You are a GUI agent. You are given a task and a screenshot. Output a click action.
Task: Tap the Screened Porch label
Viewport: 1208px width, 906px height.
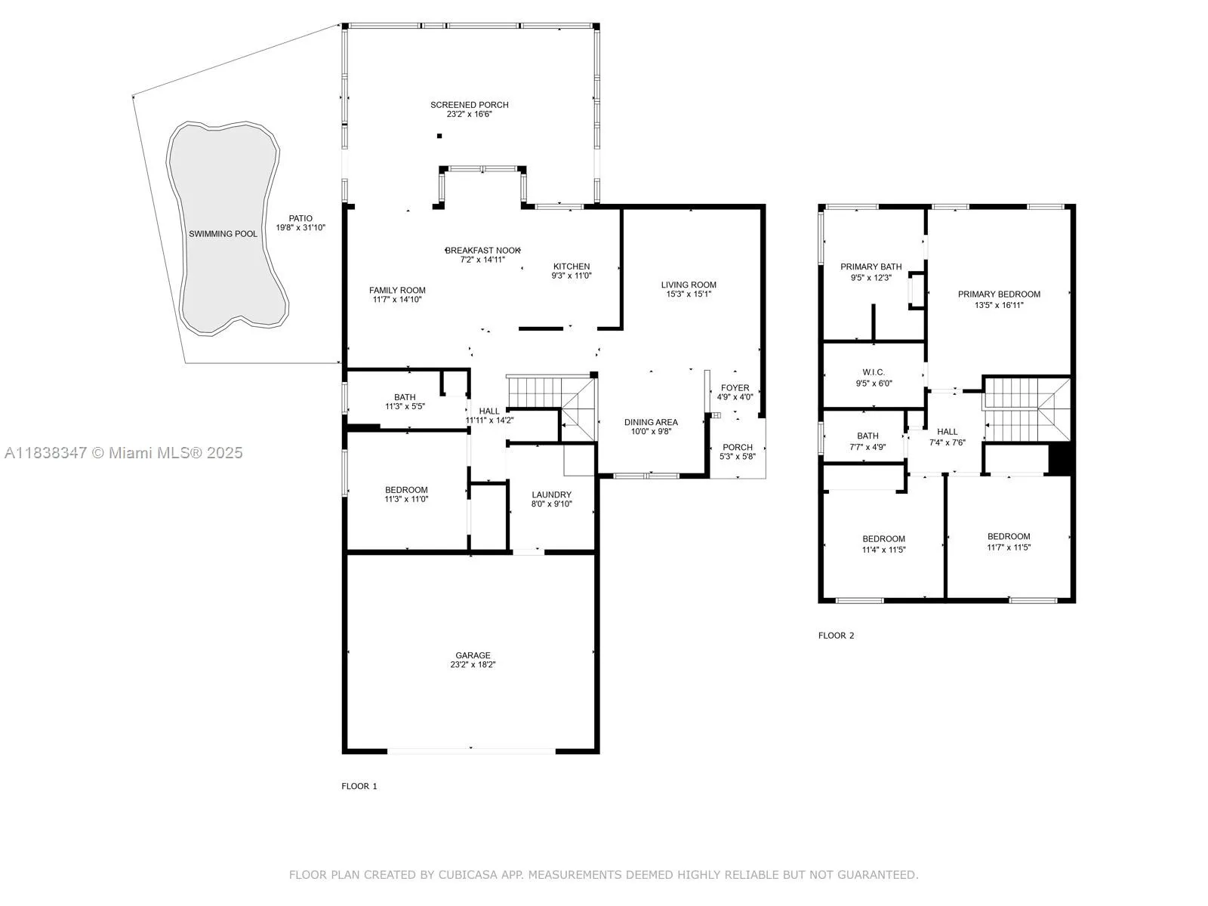click(469, 104)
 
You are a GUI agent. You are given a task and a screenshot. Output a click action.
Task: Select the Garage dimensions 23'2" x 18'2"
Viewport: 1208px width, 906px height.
click(473, 664)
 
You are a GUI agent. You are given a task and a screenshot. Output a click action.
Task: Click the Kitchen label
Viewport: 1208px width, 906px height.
click(572, 267)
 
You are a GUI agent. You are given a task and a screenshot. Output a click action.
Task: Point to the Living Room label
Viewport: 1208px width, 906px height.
click(689, 285)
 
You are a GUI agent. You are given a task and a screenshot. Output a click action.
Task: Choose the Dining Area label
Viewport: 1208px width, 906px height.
click(651, 423)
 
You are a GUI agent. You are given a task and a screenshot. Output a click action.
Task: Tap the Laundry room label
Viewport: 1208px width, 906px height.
click(551, 495)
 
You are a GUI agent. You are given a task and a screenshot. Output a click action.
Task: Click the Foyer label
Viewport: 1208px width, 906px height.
click(735, 388)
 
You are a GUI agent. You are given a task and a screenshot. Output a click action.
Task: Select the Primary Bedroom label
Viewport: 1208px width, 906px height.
click(999, 294)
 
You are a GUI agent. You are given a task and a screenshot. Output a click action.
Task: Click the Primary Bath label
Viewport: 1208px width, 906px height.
click(871, 267)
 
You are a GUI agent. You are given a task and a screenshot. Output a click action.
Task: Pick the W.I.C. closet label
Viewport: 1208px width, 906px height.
click(874, 372)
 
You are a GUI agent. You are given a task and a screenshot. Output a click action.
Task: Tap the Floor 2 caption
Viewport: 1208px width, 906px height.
click(836, 636)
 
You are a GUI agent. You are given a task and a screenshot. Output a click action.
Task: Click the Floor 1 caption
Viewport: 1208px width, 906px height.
click(359, 786)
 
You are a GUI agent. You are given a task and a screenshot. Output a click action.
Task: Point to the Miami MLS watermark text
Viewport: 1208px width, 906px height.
click(123, 453)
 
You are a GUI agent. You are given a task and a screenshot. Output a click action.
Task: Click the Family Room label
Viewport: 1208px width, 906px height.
click(397, 291)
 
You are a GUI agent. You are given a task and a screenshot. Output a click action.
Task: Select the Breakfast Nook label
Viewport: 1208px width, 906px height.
click(482, 251)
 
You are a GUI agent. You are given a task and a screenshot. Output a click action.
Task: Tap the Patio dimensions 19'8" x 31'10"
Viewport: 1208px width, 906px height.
click(300, 228)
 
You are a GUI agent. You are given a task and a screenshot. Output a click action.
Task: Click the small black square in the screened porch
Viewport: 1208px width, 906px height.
click(439, 136)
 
